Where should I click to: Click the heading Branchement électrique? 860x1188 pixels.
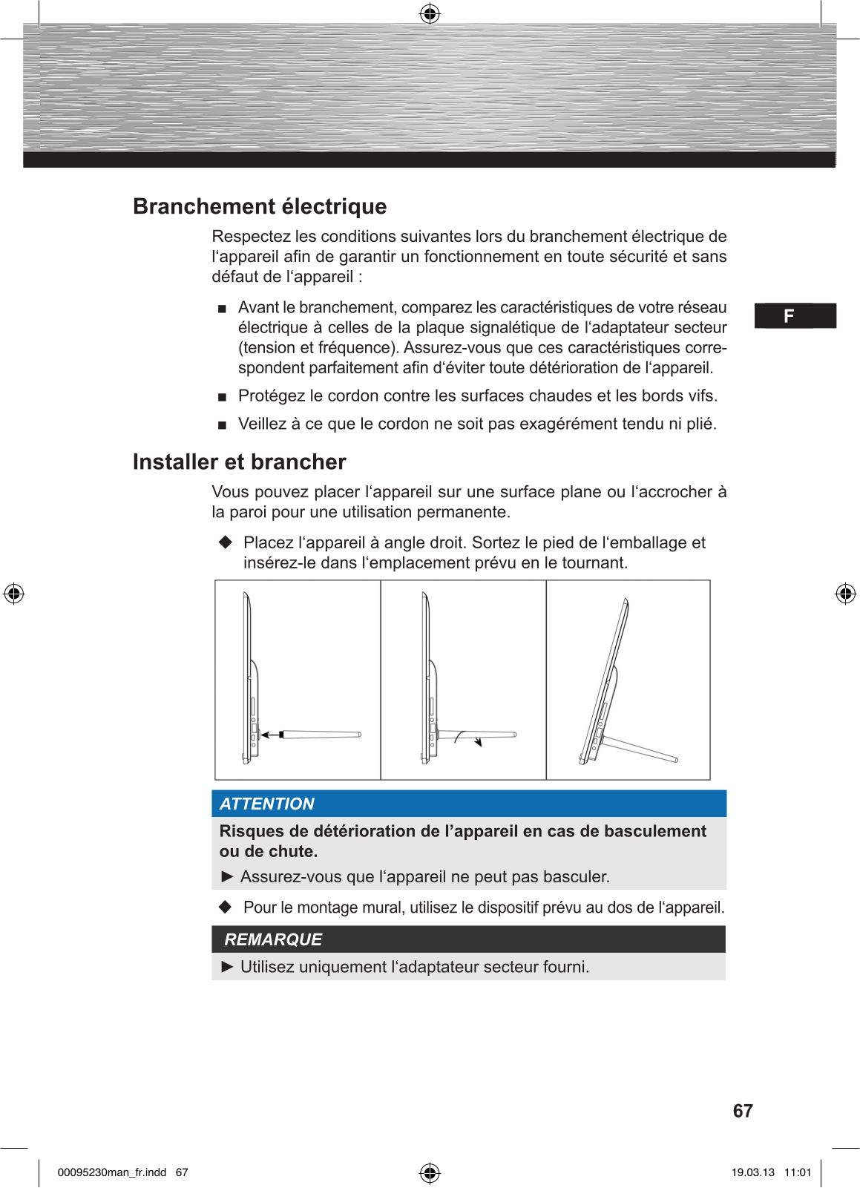260,206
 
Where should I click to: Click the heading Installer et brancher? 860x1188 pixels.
239,462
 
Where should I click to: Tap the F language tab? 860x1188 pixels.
789,316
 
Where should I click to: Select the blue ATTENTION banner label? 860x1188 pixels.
267,804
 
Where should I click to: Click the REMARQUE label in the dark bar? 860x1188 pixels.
273,939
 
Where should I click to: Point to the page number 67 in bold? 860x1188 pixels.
743,1111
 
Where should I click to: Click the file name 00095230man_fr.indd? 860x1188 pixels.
112,1172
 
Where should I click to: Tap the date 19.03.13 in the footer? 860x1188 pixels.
752,1172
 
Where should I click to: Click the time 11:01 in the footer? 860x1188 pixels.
798,1172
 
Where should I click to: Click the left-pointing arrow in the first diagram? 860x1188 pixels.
271,735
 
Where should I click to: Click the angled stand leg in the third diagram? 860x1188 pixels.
640,748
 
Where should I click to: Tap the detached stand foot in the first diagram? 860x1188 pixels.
321,735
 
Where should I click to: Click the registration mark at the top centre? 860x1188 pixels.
430,13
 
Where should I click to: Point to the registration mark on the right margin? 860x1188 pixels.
845,594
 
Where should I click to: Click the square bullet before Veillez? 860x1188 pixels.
222,425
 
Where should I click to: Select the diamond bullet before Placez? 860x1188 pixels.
226,542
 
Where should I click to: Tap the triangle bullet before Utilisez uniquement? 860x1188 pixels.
228,967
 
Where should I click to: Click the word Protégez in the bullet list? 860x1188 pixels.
272,396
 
